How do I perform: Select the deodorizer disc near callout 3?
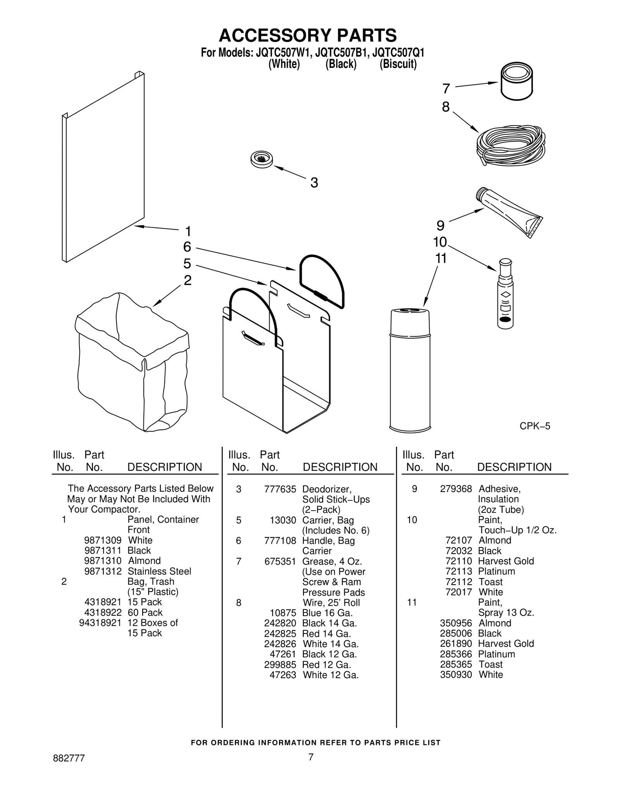coord(262,159)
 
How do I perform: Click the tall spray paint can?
coord(410,368)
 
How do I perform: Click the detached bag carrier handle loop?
coord(322,281)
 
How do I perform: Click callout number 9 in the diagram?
coord(441,226)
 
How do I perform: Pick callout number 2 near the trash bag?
coord(188,280)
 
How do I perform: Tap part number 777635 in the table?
coord(280,489)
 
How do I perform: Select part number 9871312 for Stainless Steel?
coord(103,572)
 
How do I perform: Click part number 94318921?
coord(100,623)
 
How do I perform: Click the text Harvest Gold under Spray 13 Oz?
coord(506,644)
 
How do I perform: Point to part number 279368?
coord(456,489)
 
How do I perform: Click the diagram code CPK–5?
coord(535,426)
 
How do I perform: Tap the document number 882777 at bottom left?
coord(69,769)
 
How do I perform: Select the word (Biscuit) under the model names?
coord(398,64)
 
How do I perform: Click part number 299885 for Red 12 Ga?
coord(280,665)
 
